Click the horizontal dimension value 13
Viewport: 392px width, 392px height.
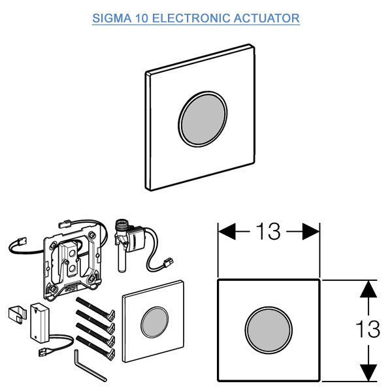268,231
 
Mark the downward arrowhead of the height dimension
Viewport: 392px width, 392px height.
370,374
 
